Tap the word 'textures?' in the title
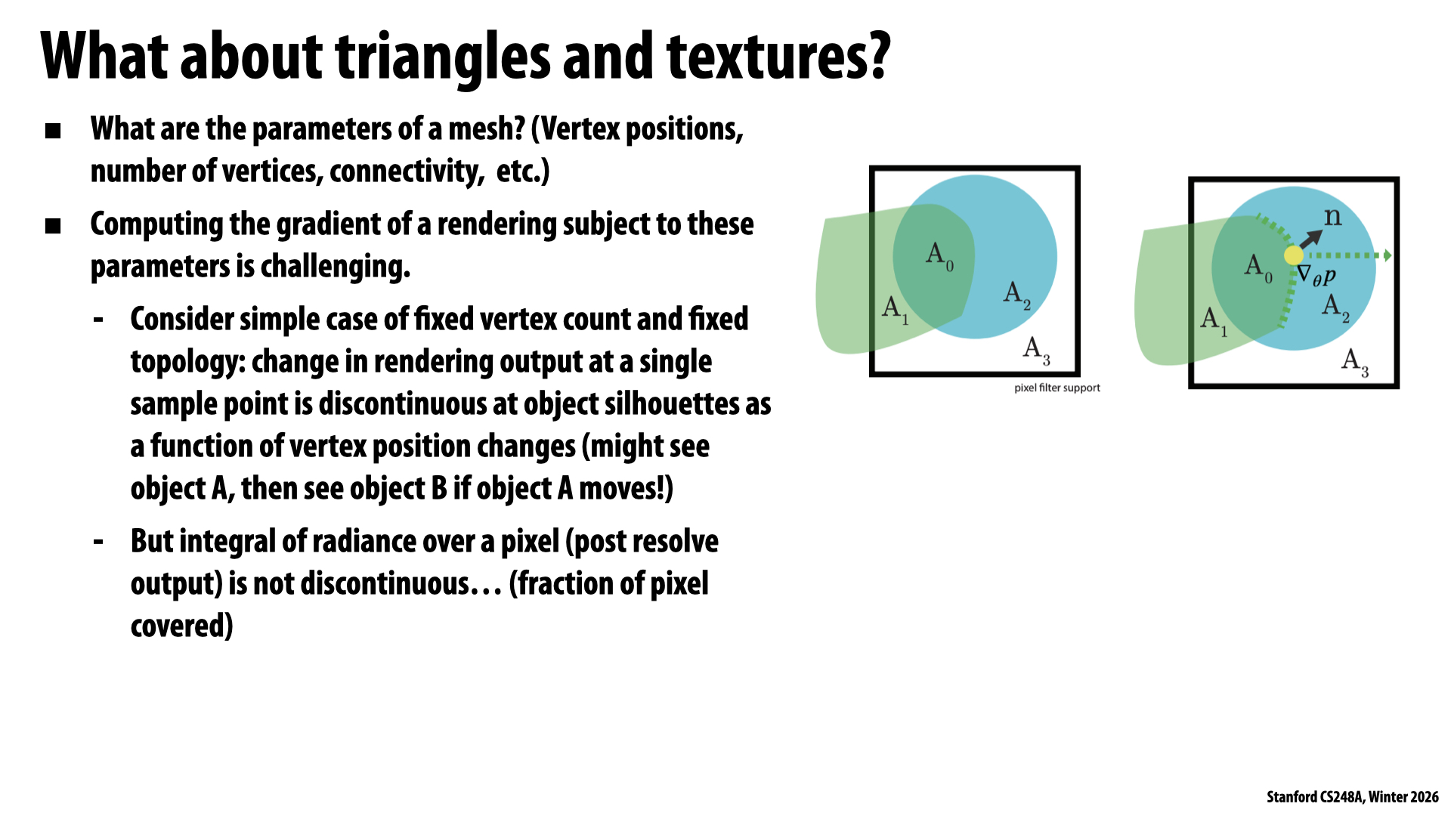[x=778, y=56]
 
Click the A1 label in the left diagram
[x=896, y=310]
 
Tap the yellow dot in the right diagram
[x=1293, y=255]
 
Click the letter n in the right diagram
[x=1332, y=217]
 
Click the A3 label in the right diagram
[x=1355, y=362]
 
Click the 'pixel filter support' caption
[x=1057, y=388]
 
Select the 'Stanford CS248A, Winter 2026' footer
[x=1353, y=797]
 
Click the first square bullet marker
[x=53, y=131]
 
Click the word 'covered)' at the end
[x=182, y=626]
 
